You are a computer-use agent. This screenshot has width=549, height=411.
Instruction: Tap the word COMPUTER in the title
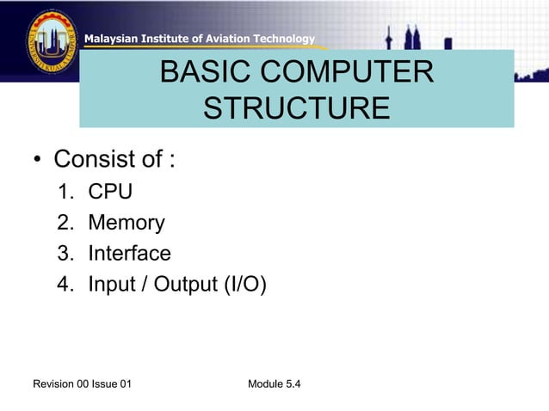[345, 73]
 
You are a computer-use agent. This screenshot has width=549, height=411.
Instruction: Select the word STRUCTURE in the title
[296, 110]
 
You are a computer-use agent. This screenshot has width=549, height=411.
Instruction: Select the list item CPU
[110, 192]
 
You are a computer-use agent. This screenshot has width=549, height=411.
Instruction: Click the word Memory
[126, 223]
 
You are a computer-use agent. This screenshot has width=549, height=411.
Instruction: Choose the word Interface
[129, 254]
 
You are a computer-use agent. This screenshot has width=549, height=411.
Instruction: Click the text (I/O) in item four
[245, 285]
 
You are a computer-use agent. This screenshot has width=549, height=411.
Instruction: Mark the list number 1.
[65, 192]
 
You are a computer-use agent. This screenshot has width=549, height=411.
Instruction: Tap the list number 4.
[65, 285]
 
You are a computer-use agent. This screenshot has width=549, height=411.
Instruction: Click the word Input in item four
[111, 285]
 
